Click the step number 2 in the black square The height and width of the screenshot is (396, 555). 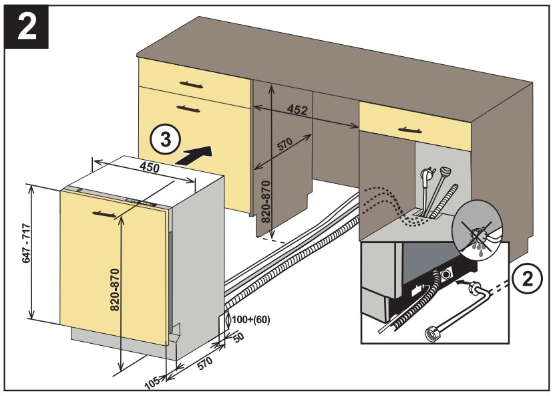point(27,27)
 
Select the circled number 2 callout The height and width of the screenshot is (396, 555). point(528,280)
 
